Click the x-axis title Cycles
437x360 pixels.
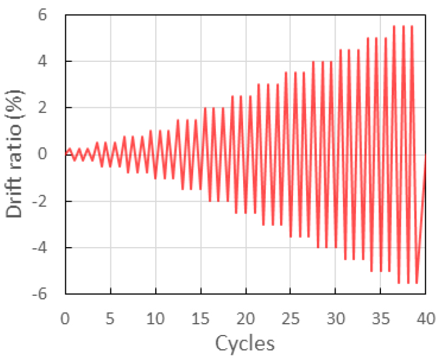(x=245, y=342)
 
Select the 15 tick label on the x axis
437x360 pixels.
(x=200, y=316)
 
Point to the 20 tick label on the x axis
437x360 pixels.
(x=245, y=316)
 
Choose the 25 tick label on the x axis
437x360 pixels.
(x=290, y=316)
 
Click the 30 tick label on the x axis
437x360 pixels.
(x=335, y=316)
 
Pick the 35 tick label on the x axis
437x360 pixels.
(x=380, y=316)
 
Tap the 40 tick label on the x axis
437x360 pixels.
(x=425, y=316)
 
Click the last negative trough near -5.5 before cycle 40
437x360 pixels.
(x=417, y=282)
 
